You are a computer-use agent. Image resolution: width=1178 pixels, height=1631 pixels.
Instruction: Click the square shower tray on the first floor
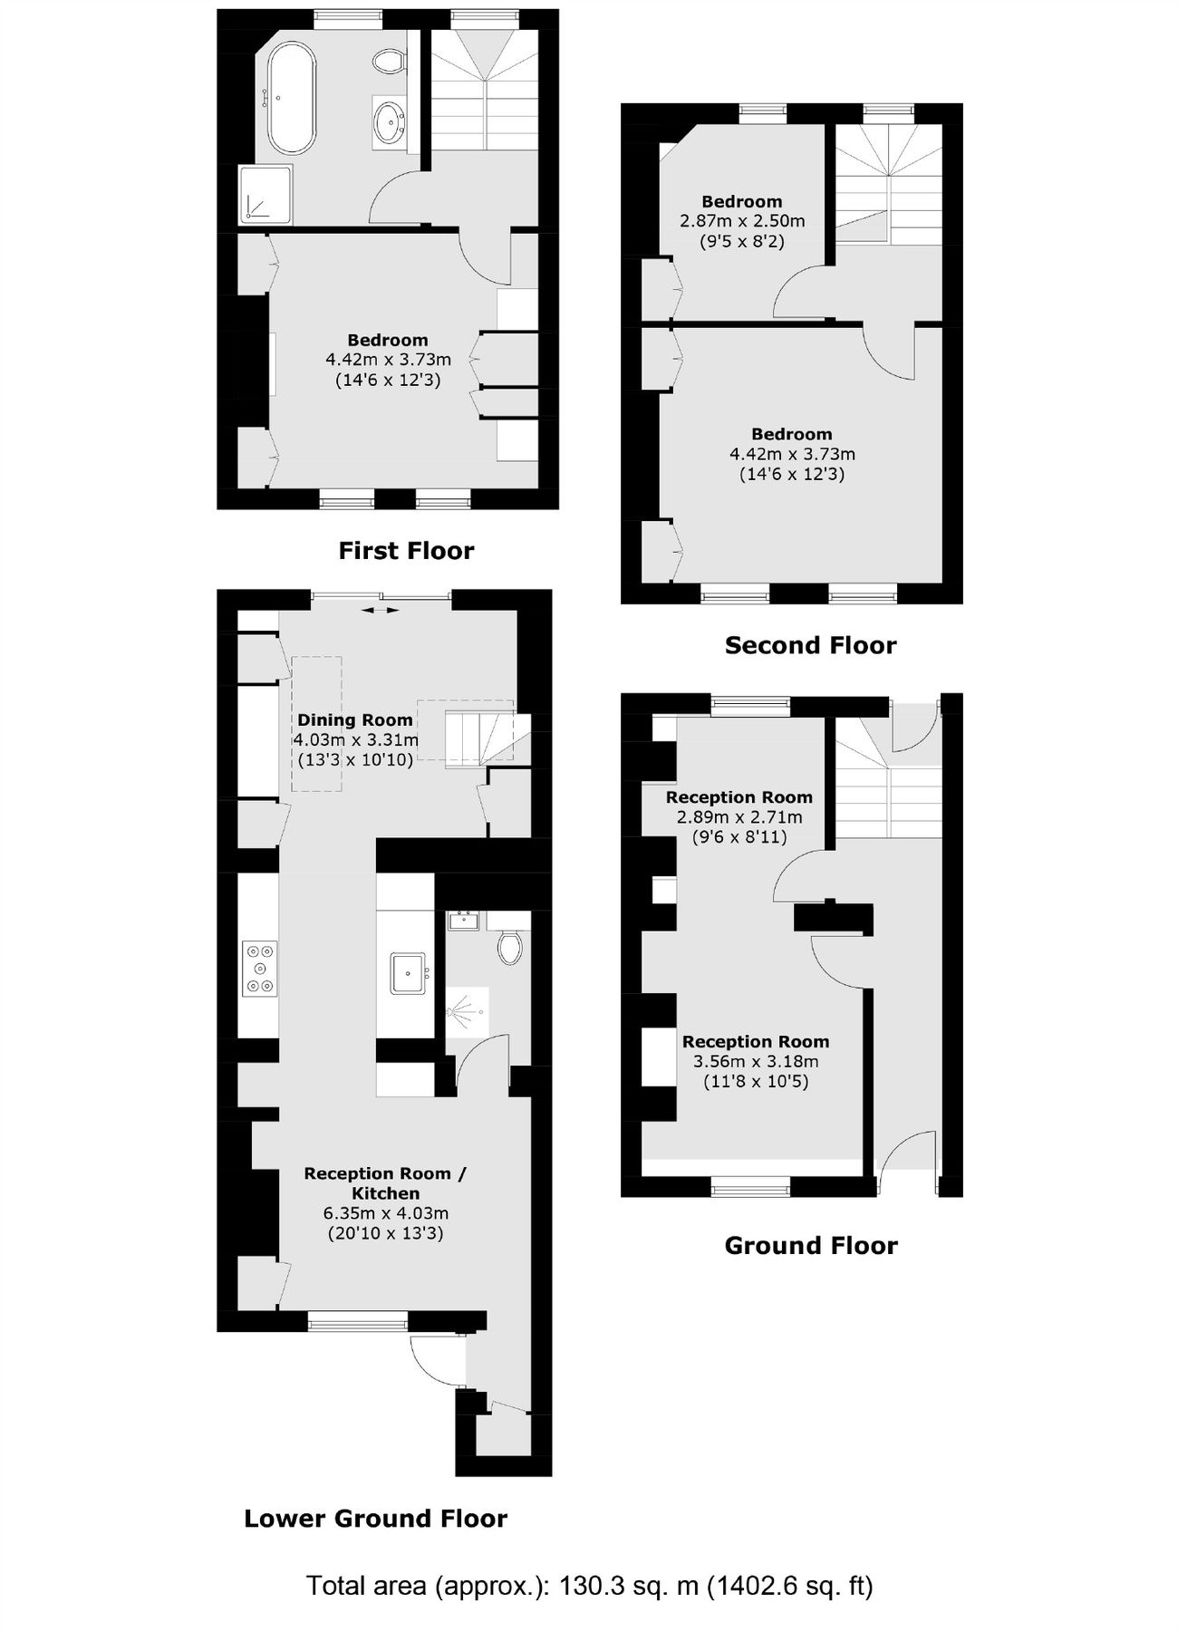[x=266, y=194]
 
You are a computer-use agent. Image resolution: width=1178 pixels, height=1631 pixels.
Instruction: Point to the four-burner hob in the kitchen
[x=260, y=969]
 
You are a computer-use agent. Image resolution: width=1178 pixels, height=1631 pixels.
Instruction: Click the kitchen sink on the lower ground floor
[x=409, y=973]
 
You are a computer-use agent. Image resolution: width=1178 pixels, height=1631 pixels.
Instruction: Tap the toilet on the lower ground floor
[x=509, y=945]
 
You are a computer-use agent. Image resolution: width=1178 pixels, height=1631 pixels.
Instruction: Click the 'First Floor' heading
[x=406, y=551]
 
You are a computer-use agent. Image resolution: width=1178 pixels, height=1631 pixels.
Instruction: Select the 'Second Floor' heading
[x=810, y=645]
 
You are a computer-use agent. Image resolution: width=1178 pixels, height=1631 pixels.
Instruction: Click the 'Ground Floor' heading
[x=810, y=1245]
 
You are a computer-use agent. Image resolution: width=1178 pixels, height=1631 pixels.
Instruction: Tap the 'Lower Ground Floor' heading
[x=375, y=1518]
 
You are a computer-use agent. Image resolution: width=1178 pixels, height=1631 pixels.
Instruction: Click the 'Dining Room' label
[x=355, y=720]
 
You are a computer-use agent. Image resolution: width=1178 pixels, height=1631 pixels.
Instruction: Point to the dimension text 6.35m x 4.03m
[x=386, y=1213]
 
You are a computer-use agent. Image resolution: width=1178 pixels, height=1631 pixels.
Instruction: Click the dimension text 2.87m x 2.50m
[x=742, y=221]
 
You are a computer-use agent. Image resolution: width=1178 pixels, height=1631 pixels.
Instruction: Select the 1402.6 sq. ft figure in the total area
[x=789, y=1586]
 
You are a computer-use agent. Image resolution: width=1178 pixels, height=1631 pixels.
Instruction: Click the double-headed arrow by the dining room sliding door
[x=380, y=610]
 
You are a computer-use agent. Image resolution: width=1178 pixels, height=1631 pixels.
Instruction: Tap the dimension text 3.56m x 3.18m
[x=756, y=1062]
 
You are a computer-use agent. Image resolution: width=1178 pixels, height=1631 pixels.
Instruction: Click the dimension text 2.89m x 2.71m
[x=739, y=817]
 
